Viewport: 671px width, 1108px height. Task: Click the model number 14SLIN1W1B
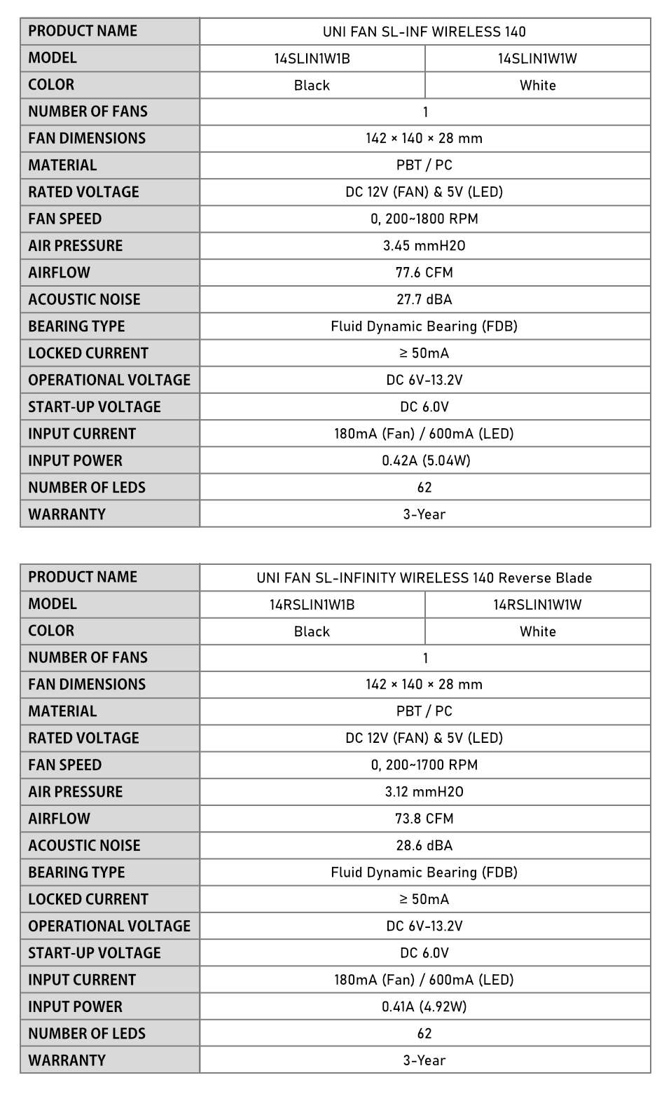coord(312,59)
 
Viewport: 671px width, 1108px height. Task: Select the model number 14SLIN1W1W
coord(537,59)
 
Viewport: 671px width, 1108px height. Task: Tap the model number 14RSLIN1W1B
coord(312,605)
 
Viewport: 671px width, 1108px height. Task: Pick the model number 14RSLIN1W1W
coord(537,605)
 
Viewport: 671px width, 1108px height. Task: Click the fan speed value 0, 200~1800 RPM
coord(424,219)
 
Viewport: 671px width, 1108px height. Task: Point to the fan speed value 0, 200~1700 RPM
coord(424,765)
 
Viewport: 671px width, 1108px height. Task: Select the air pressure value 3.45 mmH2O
coord(424,246)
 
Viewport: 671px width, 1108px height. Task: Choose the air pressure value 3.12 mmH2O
coord(424,792)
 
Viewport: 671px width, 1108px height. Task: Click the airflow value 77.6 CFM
coord(424,273)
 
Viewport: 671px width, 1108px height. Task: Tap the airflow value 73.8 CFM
coord(424,819)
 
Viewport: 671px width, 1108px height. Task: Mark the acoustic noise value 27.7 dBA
coord(424,300)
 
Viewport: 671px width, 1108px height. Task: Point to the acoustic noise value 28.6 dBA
coord(424,846)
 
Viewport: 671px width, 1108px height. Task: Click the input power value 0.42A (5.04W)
coord(426,461)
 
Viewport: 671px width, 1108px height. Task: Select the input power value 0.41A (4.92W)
coord(424,1007)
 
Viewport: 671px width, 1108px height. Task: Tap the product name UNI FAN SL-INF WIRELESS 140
coord(424,32)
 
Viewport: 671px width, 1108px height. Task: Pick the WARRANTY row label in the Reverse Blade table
coord(67,1060)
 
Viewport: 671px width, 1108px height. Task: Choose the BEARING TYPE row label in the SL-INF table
coord(76,327)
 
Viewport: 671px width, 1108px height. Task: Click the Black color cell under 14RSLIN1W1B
coord(312,631)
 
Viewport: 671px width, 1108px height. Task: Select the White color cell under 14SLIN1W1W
coord(537,86)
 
